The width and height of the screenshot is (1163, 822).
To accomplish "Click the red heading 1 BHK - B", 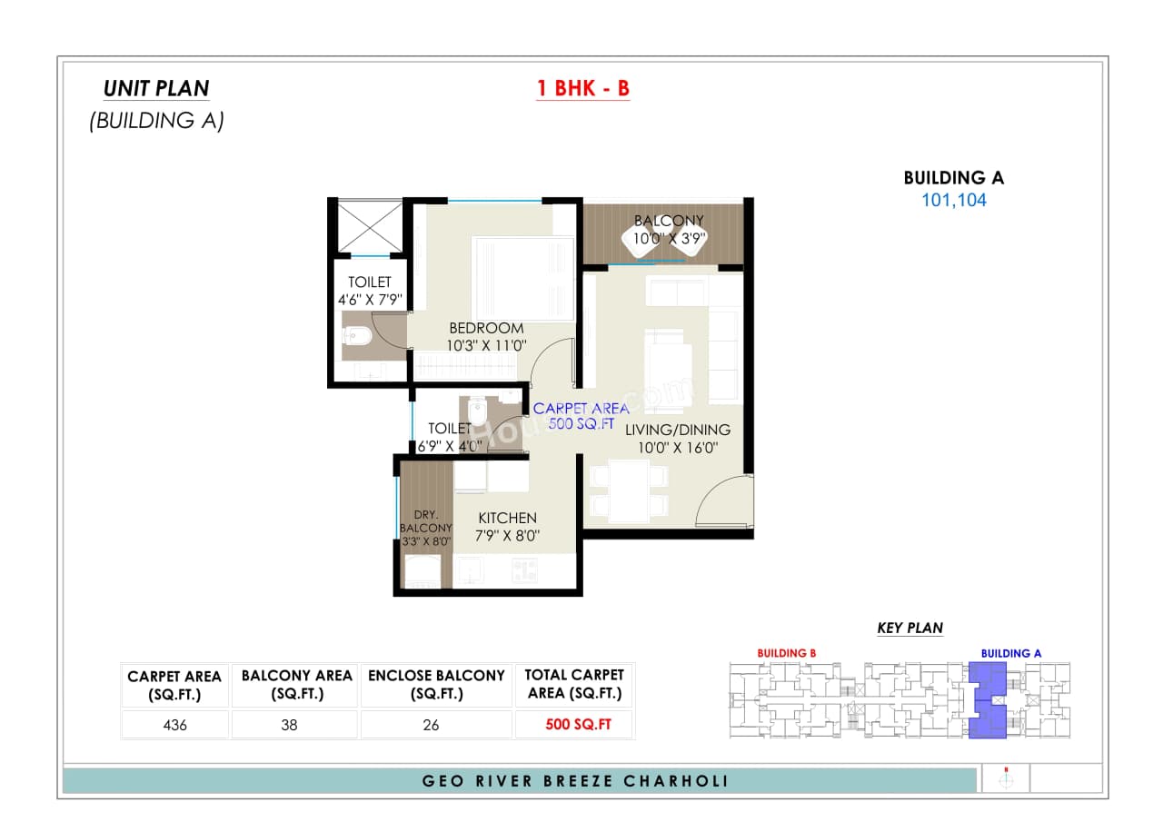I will tap(582, 88).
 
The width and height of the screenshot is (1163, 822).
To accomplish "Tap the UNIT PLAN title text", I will tap(156, 88).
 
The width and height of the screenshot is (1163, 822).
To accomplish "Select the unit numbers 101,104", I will tap(953, 201).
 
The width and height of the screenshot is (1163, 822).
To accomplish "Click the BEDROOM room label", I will tap(486, 328).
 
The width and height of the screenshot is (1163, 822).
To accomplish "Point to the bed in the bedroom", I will tap(522, 277).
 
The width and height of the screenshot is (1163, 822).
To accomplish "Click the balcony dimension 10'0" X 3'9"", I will tap(669, 239).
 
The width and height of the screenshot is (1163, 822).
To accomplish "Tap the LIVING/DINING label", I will tap(677, 430).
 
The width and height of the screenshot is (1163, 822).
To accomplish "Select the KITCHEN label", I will tap(507, 518).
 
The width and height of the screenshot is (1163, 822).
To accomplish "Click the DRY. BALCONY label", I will tap(425, 520).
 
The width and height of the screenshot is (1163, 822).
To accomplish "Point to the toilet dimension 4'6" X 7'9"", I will tap(370, 299).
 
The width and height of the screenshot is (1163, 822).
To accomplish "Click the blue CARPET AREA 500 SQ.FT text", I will tap(581, 416).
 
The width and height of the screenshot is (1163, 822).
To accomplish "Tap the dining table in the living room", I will tap(629, 490).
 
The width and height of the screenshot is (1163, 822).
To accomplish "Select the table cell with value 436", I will tap(174, 725).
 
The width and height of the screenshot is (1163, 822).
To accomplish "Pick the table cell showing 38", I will tap(296, 725).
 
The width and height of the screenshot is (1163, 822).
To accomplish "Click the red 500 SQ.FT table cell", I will tap(573, 725).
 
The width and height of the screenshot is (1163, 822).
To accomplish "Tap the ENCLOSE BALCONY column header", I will tap(436, 684).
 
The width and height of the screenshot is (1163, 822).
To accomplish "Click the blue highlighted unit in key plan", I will tap(988, 700).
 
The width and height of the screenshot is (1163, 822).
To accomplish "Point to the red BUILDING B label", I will tap(787, 653).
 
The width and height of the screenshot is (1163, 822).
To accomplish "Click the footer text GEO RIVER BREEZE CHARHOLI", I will tap(576, 781).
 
